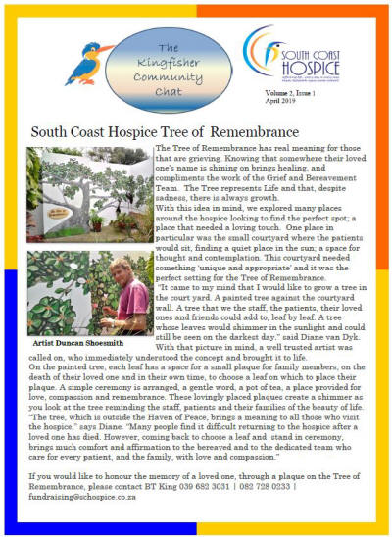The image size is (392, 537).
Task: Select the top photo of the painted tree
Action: click(x=88, y=193)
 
